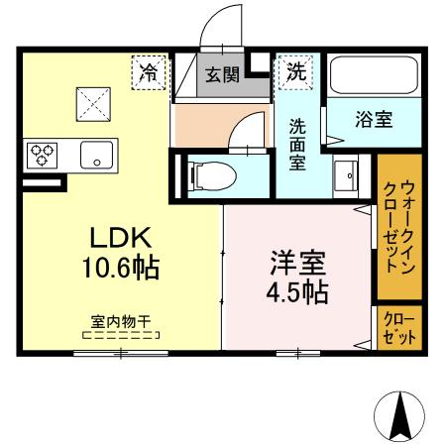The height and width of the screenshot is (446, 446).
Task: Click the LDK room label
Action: click(x=120, y=239)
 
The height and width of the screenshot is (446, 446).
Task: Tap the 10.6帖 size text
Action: click(x=120, y=267)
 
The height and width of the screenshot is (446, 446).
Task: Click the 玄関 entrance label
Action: click(x=222, y=74)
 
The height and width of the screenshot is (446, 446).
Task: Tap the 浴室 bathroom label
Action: click(x=374, y=121)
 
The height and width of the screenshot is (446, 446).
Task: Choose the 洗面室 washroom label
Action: click(x=297, y=145)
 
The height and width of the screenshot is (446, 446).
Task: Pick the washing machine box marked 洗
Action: click(x=296, y=71)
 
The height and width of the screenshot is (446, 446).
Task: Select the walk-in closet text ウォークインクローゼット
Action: click(x=399, y=227)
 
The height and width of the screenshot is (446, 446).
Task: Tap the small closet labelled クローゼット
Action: click(x=399, y=325)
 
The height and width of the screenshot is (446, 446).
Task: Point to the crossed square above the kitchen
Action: click(x=94, y=101)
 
